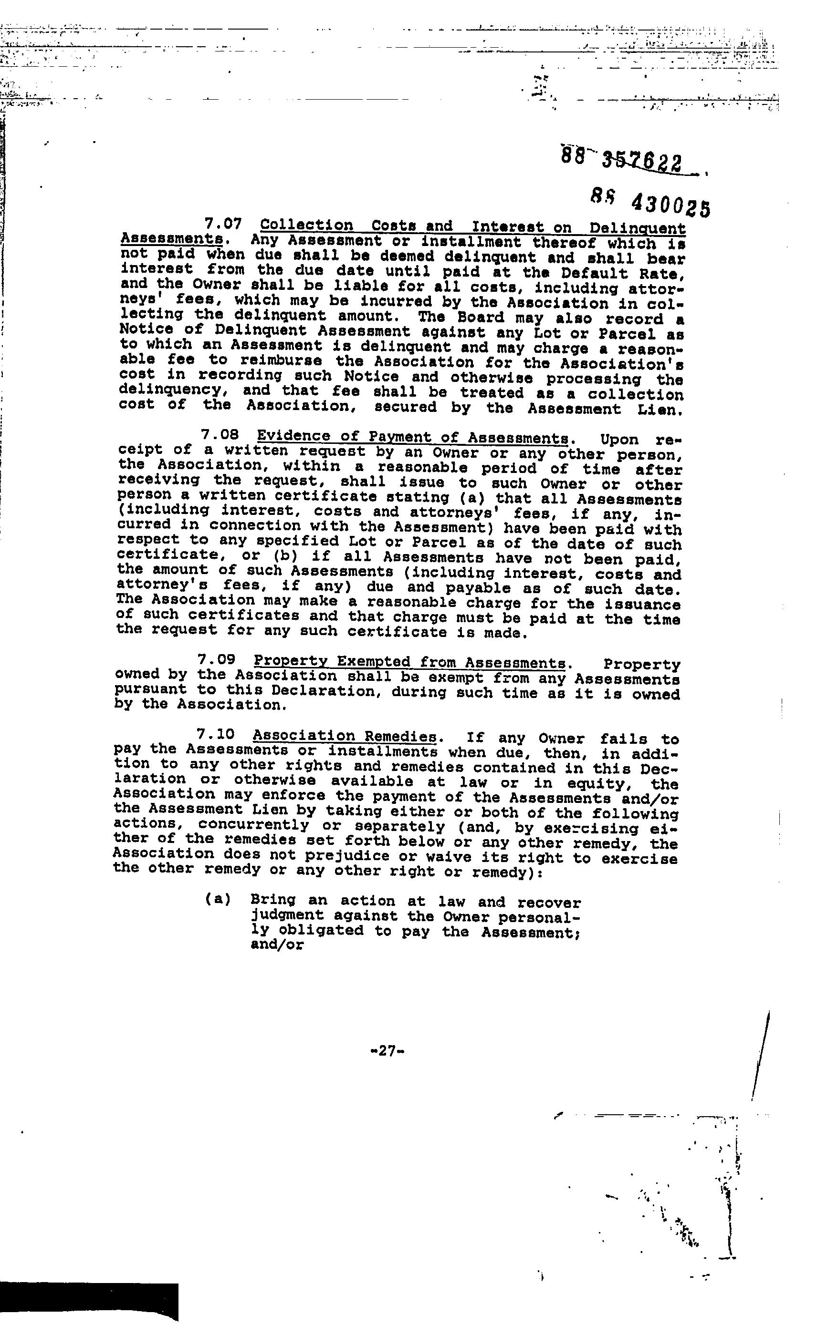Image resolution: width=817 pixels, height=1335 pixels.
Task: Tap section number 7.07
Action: tap(223, 223)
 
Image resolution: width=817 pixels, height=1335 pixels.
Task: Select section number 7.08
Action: tap(220, 435)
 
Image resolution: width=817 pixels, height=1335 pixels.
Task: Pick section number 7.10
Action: tap(216, 734)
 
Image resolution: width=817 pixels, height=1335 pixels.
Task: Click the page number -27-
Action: tap(387, 1051)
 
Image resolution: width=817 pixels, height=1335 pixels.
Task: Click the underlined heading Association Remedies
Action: tap(345, 736)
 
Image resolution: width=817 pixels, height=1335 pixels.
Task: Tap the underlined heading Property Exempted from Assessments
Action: tap(410, 662)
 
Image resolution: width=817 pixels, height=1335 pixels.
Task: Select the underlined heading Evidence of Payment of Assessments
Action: tap(413, 437)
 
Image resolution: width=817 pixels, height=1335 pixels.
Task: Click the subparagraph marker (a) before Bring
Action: tap(218, 900)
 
